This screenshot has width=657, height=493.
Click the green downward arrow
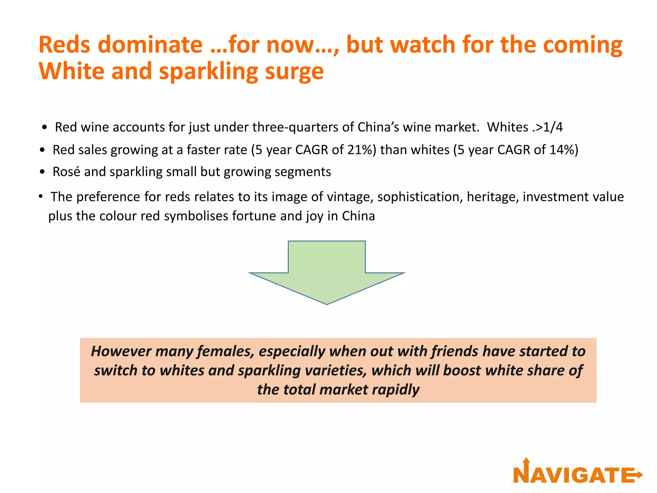327,270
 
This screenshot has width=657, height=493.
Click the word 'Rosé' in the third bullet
66,172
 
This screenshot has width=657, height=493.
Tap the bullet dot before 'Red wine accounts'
45,128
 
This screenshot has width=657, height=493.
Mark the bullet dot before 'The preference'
41,196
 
